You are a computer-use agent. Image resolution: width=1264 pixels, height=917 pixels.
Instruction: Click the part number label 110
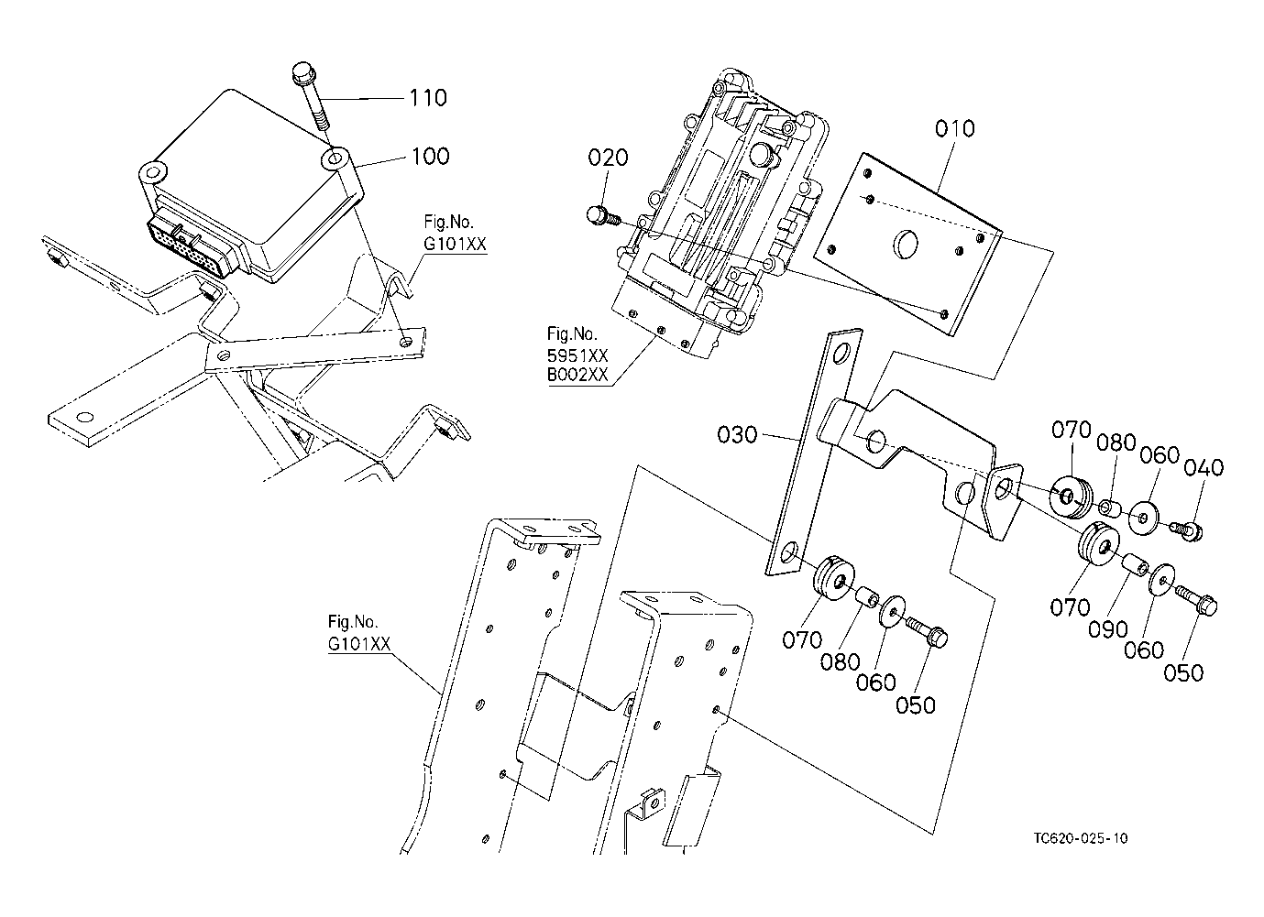(x=428, y=98)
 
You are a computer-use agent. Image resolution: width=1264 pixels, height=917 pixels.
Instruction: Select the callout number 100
(x=431, y=157)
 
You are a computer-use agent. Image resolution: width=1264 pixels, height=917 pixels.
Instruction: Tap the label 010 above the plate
(x=954, y=128)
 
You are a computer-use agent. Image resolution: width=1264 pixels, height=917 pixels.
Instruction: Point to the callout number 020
(x=608, y=158)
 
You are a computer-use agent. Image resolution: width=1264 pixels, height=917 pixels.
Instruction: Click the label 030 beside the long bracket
(x=737, y=435)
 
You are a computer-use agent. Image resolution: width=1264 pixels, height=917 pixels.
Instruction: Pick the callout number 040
(x=1204, y=467)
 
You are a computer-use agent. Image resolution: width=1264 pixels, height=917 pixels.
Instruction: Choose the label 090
(x=1107, y=629)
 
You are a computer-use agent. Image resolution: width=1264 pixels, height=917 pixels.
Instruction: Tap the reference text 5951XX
(x=577, y=355)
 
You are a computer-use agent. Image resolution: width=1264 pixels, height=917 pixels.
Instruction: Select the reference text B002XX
(x=577, y=376)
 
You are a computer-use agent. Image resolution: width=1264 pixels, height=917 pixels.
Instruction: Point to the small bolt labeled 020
(x=602, y=216)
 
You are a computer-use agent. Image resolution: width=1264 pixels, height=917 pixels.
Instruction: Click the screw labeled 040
(x=1185, y=530)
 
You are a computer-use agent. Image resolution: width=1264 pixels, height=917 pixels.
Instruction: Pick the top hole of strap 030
(x=841, y=354)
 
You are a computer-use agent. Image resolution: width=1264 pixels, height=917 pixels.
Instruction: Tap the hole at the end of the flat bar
(x=85, y=418)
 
